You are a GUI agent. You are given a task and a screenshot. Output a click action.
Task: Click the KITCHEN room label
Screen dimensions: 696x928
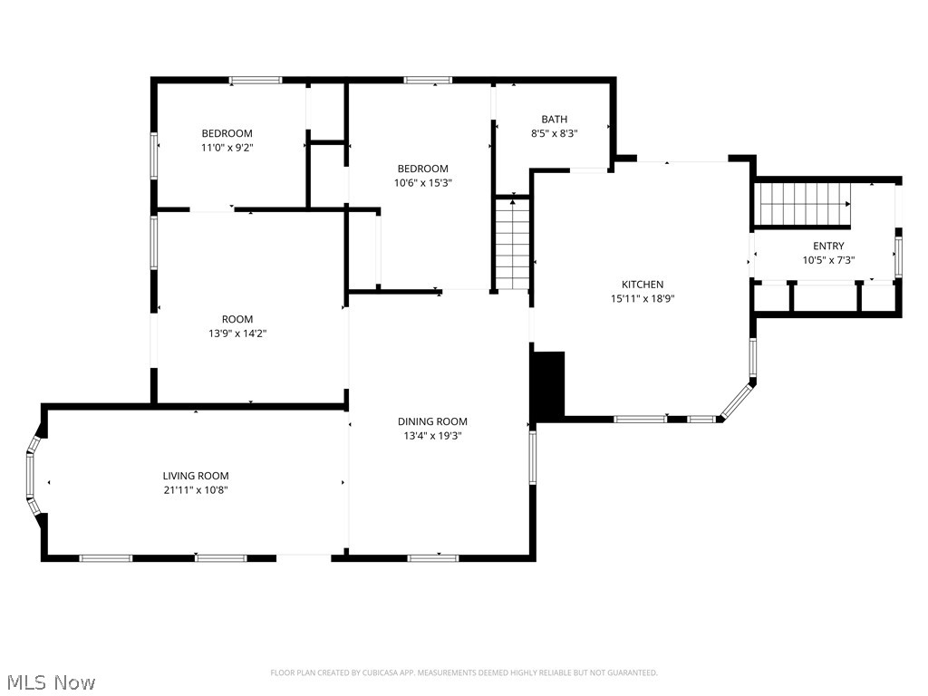pyautogui.click(x=642, y=285)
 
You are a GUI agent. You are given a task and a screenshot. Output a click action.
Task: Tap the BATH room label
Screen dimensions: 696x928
pyautogui.click(x=554, y=119)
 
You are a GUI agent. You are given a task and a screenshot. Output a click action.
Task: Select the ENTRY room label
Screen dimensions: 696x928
pyautogui.click(x=827, y=246)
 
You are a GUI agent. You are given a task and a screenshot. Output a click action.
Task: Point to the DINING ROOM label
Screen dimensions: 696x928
pyautogui.click(x=432, y=421)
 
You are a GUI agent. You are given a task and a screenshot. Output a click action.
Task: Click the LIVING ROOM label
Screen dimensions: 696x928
pyautogui.click(x=196, y=476)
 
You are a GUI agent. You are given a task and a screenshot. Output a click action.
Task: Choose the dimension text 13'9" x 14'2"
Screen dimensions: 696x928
pyautogui.click(x=237, y=333)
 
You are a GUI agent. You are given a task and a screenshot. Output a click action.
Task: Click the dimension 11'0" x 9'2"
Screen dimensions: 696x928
pyautogui.click(x=227, y=148)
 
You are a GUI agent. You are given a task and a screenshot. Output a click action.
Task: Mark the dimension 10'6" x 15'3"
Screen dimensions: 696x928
pyautogui.click(x=422, y=183)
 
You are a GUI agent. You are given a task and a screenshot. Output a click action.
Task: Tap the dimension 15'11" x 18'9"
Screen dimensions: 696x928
pyautogui.click(x=642, y=299)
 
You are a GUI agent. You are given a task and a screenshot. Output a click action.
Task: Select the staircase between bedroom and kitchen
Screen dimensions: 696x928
pyautogui.click(x=512, y=243)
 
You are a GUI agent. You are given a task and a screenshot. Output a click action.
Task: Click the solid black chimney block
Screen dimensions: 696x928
pyautogui.click(x=548, y=385)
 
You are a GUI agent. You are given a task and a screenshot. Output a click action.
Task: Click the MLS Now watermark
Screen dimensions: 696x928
pyautogui.click(x=51, y=681)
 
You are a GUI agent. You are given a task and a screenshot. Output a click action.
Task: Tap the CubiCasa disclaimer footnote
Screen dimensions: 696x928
pyautogui.click(x=464, y=672)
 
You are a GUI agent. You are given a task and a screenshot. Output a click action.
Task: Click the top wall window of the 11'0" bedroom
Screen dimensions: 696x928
pyautogui.click(x=255, y=81)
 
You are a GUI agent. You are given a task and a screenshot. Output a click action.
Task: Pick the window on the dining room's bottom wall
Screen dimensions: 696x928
pyautogui.click(x=432, y=557)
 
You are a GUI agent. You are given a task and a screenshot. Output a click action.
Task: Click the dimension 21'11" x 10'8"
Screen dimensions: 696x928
pyautogui.click(x=196, y=490)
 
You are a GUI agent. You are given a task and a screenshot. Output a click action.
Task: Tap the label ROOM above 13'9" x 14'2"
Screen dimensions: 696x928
pyautogui.click(x=237, y=319)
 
